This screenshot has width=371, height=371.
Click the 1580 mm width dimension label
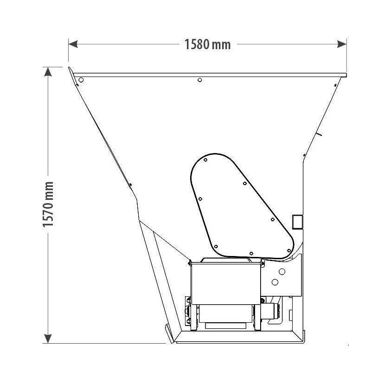207,45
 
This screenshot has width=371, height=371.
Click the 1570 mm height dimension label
48,204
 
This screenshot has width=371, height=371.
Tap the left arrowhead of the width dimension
73,44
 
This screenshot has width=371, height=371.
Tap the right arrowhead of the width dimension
342,44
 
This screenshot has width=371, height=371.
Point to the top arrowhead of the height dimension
48,72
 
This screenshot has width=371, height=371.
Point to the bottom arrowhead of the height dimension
48,339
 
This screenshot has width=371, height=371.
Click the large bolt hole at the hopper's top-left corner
81,80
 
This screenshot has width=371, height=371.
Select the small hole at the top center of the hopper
200,80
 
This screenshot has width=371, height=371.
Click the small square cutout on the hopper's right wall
297,222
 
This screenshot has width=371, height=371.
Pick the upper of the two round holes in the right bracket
282,271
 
